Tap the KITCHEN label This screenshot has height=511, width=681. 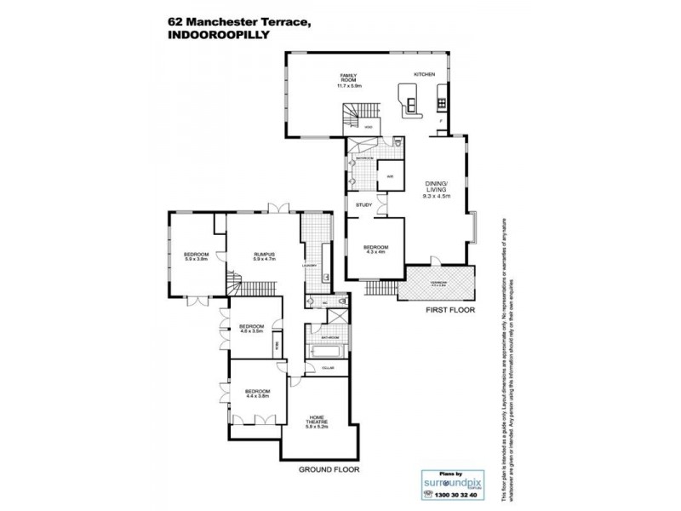(424, 75)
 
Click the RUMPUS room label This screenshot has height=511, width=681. (264, 253)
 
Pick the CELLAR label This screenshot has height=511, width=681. (328, 368)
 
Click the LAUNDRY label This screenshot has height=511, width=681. (308, 266)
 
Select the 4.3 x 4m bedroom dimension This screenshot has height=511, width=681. (375, 253)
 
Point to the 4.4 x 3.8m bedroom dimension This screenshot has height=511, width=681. (257, 396)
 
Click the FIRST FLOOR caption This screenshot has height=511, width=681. (449, 310)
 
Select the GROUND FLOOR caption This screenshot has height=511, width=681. (329, 469)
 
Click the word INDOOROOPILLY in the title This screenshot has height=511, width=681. (213, 37)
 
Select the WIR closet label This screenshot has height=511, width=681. (389, 176)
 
